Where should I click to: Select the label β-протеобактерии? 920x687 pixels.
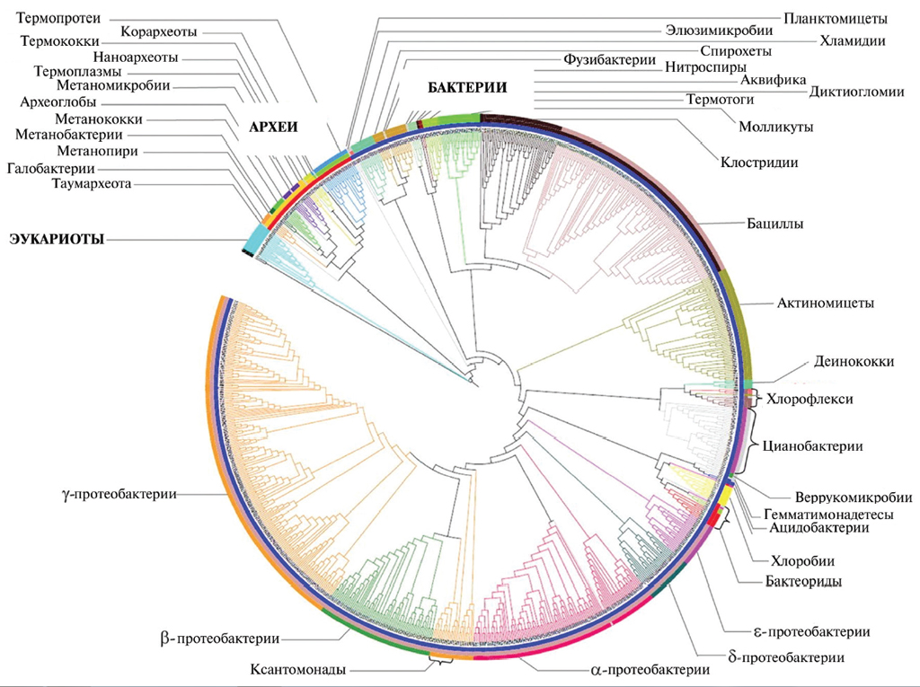[219, 639]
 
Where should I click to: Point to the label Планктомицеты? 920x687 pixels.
[835, 18]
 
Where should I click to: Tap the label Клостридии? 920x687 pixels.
[759, 163]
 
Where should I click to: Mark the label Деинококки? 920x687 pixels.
[853, 361]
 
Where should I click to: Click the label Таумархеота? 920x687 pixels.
[92, 184]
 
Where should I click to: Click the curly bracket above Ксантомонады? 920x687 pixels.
[440, 660]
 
